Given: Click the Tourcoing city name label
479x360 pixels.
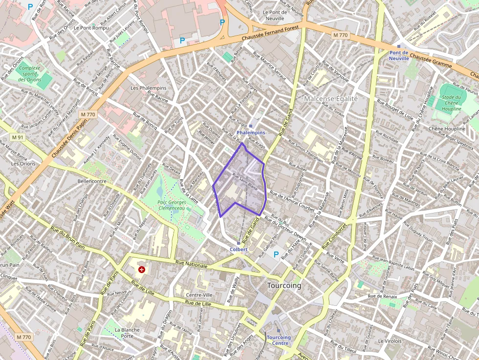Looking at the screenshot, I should point(284,285).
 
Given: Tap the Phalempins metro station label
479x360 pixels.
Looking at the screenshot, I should point(251,132).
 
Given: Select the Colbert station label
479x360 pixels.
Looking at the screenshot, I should point(239,249).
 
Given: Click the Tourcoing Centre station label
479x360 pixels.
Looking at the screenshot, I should point(279,340).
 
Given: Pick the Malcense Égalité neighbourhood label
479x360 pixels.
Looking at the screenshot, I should point(331,99).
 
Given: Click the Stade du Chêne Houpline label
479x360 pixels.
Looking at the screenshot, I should point(452,103).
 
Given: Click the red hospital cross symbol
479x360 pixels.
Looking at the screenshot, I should point(142,269).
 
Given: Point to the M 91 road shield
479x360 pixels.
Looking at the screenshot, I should point(17,137).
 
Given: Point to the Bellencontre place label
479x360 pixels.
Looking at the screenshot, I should point(92,181).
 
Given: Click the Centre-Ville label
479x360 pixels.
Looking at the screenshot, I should point(199,295).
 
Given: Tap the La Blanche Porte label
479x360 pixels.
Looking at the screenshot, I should point(127,333).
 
